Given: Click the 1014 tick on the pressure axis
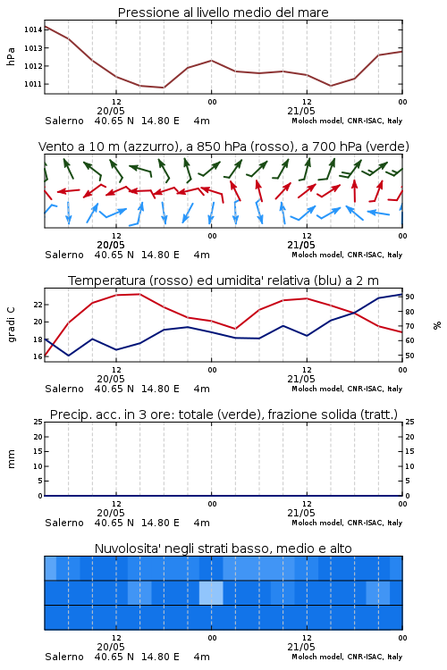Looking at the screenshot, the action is pyautogui.click(x=33, y=29).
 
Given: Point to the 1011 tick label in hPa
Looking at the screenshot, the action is pyautogui.click(x=33, y=84).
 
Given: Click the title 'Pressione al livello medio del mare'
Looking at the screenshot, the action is pyautogui.click(x=223, y=13).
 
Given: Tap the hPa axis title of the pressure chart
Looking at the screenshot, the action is pyautogui.click(x=11, y=56).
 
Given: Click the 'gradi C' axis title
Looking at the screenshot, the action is pyautogui.click(x=11, y=325).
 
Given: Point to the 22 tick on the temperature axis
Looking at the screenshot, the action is pyautogui.click(x=38, y=305).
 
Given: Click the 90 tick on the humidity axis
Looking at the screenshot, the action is pyautogui.click(x=409, y=297).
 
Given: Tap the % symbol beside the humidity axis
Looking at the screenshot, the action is pyautogui.click(x=437, y=325).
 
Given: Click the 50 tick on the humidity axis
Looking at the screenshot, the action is pyautogui.click(x=409, y=356).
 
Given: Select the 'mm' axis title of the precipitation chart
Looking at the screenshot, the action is pyautogui.click(x=11, y=459).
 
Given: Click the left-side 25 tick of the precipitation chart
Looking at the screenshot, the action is pyautogui.click(x=38, y=422).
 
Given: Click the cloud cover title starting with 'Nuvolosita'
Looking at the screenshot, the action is pyautogui.click(x=223, y=549).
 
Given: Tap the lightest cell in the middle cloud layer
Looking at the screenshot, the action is pyautogui.click(x=211, y=592).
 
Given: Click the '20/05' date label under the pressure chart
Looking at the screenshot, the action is pyautogui.click(x=111, y=111).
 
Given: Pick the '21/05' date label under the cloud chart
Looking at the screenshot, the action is pyautogui.click(x=301, y=647).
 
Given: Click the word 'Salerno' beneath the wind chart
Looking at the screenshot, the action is pyautogui.click(x=64, y=255).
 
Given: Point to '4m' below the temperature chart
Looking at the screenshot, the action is pyautogui.click(x=201, y=389).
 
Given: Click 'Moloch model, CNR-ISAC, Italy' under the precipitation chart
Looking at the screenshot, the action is pyautogui.click(x=347, y=523).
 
